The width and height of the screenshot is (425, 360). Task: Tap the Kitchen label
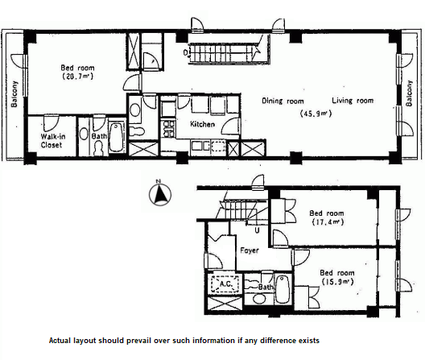(203, 124)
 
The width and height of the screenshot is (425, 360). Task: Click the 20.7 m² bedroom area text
(78, 77)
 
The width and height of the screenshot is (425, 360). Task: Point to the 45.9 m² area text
(316, 114)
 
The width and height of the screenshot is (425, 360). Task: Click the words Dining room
(283, 101)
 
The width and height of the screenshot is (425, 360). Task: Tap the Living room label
(353, 101)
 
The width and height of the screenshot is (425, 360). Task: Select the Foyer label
(250, 250)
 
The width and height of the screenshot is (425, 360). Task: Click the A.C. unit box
(225, 284)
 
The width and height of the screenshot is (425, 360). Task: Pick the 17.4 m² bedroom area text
(328, 222)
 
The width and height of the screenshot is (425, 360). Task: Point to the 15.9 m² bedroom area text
(338, 282)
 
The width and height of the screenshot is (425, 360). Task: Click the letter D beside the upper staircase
(185, 52)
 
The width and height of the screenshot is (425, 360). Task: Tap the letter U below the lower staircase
(257, 230)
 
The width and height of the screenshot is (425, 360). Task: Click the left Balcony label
(14, 94)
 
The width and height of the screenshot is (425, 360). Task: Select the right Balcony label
(409, 93)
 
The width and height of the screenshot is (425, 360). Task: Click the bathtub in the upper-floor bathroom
(117, 137)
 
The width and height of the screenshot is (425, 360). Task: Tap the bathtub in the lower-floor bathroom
(283, 288)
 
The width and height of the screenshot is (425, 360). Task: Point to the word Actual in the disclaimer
(60, 341)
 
